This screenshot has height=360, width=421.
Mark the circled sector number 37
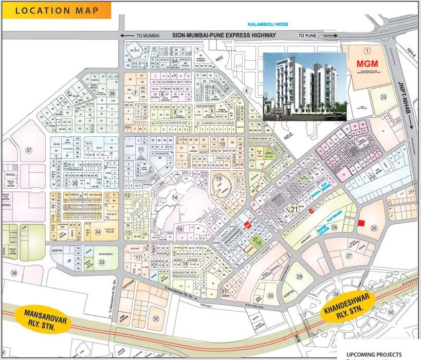[x=29, y=151]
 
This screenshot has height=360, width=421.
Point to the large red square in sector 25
[x=361, y=223]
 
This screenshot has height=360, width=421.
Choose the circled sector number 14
[x=175, y=197]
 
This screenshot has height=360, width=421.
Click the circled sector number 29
[x=300, y=278]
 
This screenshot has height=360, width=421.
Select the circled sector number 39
[x=14, y=273]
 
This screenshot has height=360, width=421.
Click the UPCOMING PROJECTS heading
[x=374, y=354]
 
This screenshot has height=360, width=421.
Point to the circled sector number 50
[x=391, y=312]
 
